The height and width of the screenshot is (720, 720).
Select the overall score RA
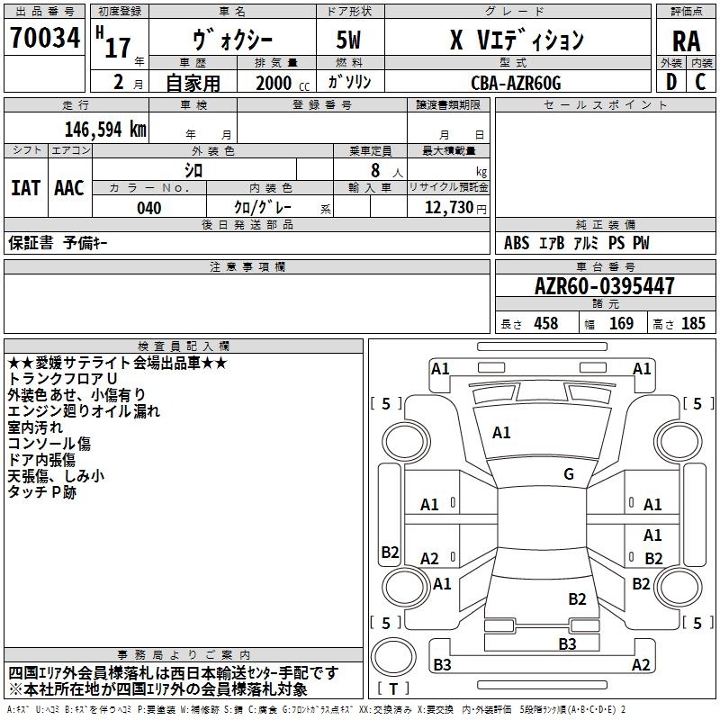coord(686,40)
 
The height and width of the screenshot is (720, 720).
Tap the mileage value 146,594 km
coord(105,130)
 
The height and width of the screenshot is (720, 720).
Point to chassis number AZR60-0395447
coord(604,287)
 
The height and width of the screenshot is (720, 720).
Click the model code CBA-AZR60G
coord(516,83)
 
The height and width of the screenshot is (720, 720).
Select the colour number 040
coord(148,208)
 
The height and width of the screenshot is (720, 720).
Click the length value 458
coord(545,323)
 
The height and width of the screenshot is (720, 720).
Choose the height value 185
coord(693,323)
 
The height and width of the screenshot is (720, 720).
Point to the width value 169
coord(621,323)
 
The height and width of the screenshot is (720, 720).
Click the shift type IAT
coord(25,188)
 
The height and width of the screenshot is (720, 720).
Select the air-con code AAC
coord(69,188)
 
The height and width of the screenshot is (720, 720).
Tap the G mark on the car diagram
coord(569,474)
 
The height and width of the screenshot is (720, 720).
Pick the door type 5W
coord(349,40)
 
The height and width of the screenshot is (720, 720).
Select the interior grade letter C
coord(700,83)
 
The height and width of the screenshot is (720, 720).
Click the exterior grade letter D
coord(670,83)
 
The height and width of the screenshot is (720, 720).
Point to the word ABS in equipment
coord(517,243)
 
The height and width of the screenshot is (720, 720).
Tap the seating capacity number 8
coord(373,170)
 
